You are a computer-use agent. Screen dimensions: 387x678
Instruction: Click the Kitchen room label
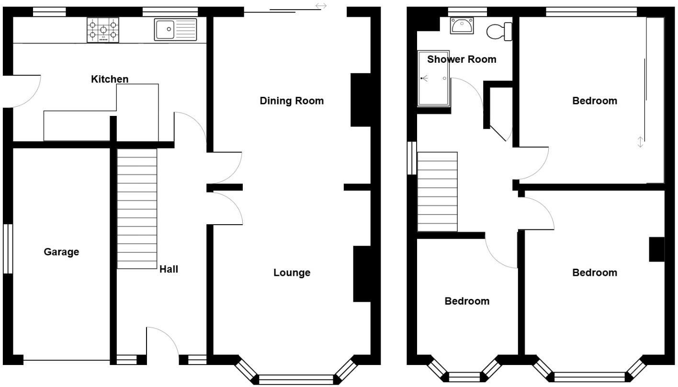(x=110, y=79)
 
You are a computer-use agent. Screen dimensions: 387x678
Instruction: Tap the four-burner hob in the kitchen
(x=103, y=30)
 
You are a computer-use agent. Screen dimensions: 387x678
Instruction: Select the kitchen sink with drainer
(x=175, y=30)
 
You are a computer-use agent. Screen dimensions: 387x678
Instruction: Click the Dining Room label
(x=292, y=101)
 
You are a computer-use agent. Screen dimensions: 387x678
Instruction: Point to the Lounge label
(x=292, y=273)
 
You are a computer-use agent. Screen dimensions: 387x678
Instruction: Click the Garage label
(x=61, y=252)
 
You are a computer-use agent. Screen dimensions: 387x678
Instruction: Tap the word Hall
(x=169, y=269)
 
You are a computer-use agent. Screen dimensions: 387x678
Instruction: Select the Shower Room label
(x=462, y=59)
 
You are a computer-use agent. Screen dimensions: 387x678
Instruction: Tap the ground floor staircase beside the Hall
(x=137, y=208)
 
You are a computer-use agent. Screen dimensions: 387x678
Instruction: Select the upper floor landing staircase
(x=437, y=192)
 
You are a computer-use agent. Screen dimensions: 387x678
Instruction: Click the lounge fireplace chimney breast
(x=362, y=274)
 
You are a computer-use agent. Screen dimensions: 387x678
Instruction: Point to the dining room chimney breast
(x=361, y=100)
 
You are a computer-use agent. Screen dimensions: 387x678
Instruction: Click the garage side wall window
(x=8, y=249)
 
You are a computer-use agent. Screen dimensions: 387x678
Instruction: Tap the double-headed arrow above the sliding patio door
(x=321, y=6)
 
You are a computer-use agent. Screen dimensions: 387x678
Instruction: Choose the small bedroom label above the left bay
(x=467, y=301)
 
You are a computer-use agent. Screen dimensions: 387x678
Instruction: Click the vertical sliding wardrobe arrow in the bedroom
(x=641, y=142)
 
